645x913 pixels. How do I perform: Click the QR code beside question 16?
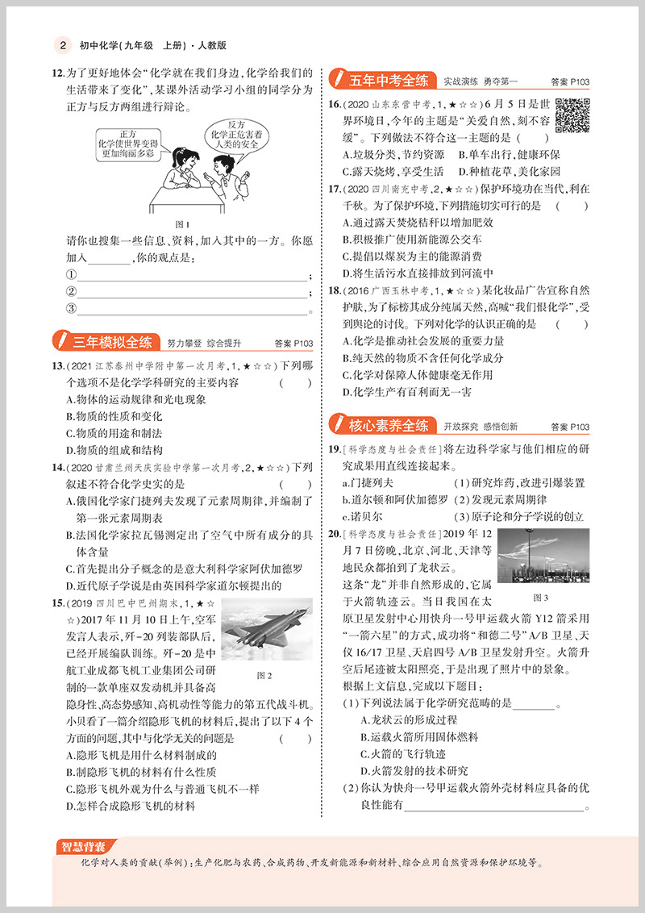[572, 116]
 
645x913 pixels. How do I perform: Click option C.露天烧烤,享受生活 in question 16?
[393, 171]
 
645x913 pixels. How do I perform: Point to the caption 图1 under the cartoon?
[182, 224]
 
